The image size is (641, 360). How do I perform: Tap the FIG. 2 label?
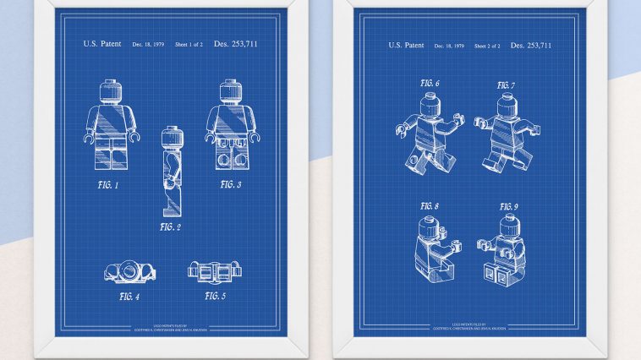click(x=169, y=226)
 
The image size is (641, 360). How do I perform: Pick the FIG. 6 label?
click(x=430, y=84)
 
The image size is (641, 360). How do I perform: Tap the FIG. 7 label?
click(x=506, y=85)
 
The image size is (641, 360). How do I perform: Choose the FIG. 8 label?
click(x=430, y=206)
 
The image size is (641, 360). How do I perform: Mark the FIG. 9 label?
click(x=507, y=206)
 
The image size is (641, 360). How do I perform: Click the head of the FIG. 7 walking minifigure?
click(x=505, y=105)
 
